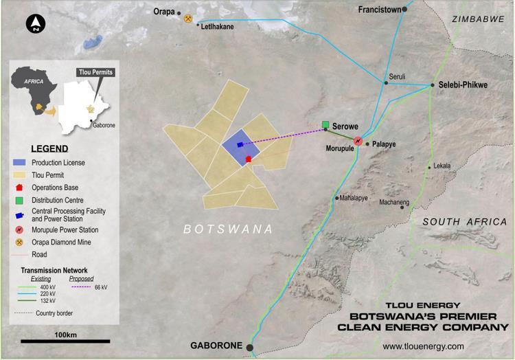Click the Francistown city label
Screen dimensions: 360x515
[x=380, y=10]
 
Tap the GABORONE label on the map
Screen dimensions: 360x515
[x=220, y=347]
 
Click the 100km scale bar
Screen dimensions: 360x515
[x=65, y=341]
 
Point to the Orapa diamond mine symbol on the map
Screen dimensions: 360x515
[x=188, y=19]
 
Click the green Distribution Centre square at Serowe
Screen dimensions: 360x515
[x=325, y=125]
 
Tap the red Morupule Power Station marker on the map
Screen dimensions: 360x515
[x=358, y=141]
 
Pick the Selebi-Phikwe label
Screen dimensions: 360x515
[x=463, y=85]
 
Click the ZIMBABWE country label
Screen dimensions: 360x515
[x=479, y=20]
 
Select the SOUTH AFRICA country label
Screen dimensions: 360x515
[x=463, y=222]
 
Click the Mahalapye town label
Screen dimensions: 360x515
[x=354, y=198]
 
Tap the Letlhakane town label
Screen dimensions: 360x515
[x=216, y=26]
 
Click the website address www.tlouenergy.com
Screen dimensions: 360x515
[x=423, y=346]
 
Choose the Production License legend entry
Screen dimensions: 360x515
[x=58, y=162]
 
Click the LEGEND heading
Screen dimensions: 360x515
[x=49, y=148]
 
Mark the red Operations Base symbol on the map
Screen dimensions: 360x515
[x=249, y=159]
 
